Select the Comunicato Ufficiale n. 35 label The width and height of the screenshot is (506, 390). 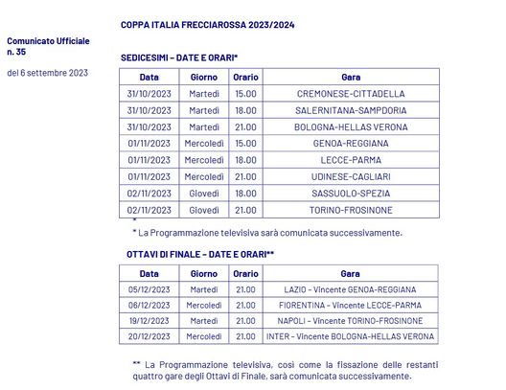[48, 47]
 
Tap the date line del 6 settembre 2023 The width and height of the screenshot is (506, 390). [48, 72]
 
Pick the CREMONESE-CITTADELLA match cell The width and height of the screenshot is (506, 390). [351, 94]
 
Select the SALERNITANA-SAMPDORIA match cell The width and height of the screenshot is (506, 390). [351, 110]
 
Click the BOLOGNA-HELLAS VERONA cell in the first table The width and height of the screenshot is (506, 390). [351, 126]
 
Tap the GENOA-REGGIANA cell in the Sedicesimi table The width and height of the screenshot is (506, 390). [351, 144]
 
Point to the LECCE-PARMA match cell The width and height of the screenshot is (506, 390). [351, 160]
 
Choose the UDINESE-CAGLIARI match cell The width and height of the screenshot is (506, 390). [351, 176]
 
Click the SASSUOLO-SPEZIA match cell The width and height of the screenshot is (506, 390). [351, 193]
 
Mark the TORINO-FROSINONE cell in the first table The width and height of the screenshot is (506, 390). [351, 210]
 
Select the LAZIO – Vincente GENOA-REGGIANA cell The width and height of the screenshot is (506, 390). [351, 289]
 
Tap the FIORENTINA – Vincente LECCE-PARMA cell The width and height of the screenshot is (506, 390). [351, 305]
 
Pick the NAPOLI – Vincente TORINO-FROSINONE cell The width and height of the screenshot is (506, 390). [351, 320]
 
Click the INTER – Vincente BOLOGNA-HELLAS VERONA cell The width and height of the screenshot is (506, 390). [351, 336]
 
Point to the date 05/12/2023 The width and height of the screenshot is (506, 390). [149, 289]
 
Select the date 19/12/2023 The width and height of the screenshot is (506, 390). [149, 320]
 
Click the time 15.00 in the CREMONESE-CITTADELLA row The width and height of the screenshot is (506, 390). [245, 94]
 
